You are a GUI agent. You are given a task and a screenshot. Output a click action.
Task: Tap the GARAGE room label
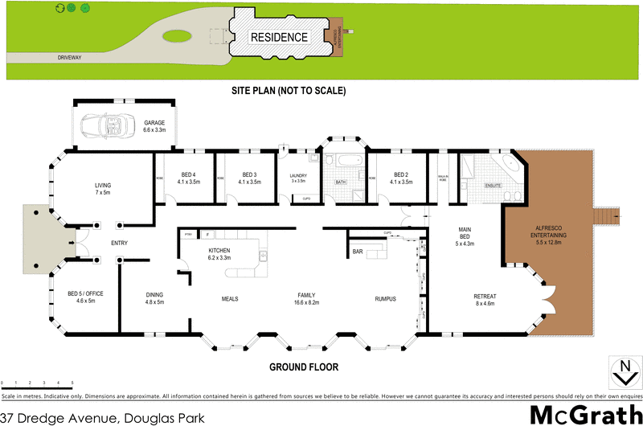154,123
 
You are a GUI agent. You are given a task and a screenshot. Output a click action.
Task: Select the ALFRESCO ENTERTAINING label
549,231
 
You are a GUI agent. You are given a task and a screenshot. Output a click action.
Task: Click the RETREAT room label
485,298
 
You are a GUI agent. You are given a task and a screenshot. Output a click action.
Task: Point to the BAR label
358,252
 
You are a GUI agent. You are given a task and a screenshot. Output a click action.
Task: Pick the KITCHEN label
219,252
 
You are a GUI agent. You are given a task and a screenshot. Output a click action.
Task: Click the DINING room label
154,294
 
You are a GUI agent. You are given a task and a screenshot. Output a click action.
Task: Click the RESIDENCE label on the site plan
279,37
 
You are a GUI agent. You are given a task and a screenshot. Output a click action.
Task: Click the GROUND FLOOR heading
304,367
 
